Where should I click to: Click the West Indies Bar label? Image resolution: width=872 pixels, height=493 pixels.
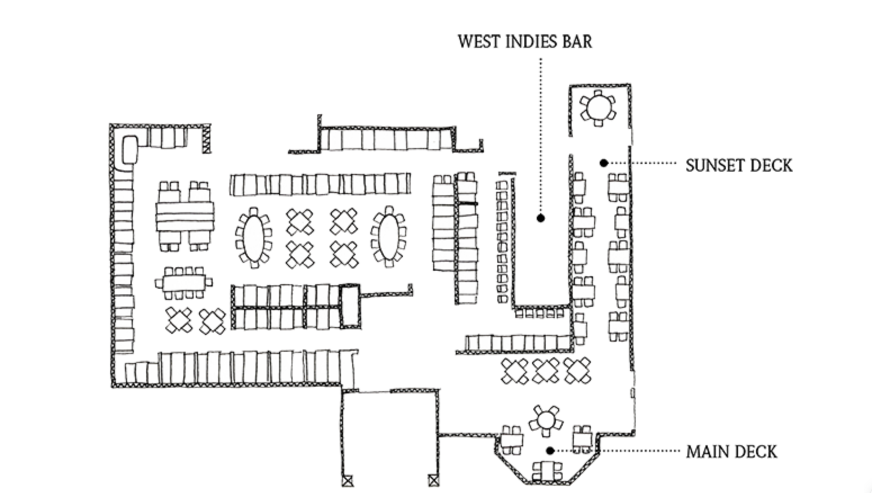(524, 42)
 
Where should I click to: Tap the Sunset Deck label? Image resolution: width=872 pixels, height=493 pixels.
(739, 165)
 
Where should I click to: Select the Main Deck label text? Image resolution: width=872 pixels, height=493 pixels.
(731, 452)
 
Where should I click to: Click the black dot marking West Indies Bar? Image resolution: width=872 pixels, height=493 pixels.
(541, 218)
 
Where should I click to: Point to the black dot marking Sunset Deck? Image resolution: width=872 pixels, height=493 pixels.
(604, 163)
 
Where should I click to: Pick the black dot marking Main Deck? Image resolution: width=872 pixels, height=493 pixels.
(551, 450)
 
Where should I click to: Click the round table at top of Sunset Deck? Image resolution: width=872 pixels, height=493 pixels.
(597, 107)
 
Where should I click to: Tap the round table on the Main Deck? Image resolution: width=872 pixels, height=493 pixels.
(545, 420)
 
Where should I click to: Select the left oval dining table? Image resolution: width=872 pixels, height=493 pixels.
(253, 237)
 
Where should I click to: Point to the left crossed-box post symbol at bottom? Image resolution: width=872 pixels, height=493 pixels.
(348, 481)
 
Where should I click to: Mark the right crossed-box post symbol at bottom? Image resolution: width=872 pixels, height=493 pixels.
(433, 481)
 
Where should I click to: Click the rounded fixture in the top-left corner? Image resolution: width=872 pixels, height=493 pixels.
(130, 150)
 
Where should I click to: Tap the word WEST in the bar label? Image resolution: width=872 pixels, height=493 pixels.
(476, 42)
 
